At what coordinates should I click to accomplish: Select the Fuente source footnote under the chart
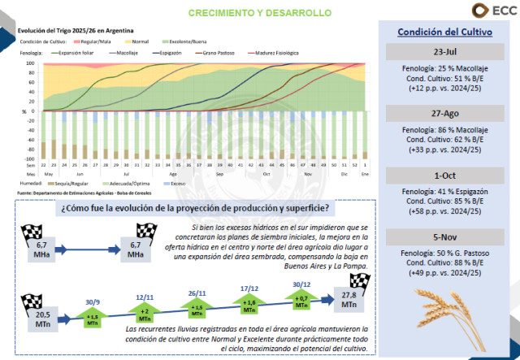click(85, 193)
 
